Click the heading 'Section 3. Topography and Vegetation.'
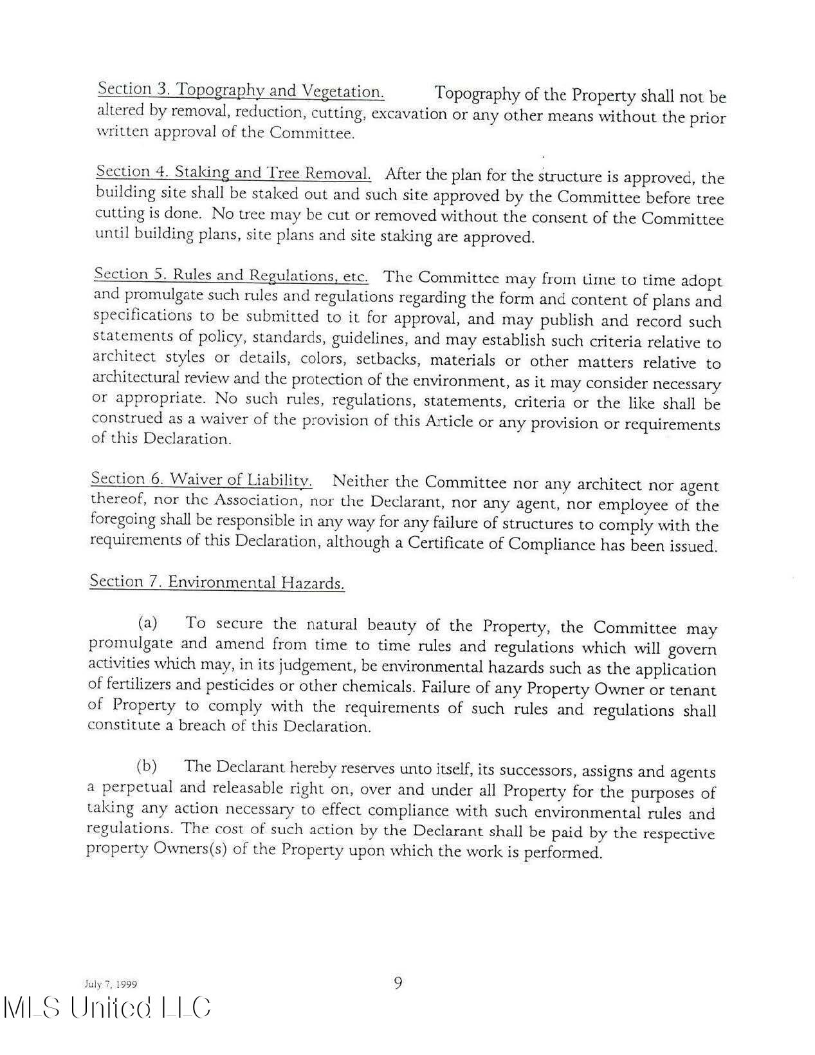click(241, 90)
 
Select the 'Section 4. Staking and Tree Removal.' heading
click(233, 173)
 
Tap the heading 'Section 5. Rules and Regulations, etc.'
click(231, 275)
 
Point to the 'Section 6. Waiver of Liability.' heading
click(201, 480)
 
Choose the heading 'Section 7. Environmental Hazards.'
click(217, 583)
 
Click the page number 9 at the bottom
click(398, 983)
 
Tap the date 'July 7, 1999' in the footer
click(111, 984)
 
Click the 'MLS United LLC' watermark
click(107, 1008)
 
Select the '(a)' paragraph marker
click(148, 623)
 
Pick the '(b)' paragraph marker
click(147, 766)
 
